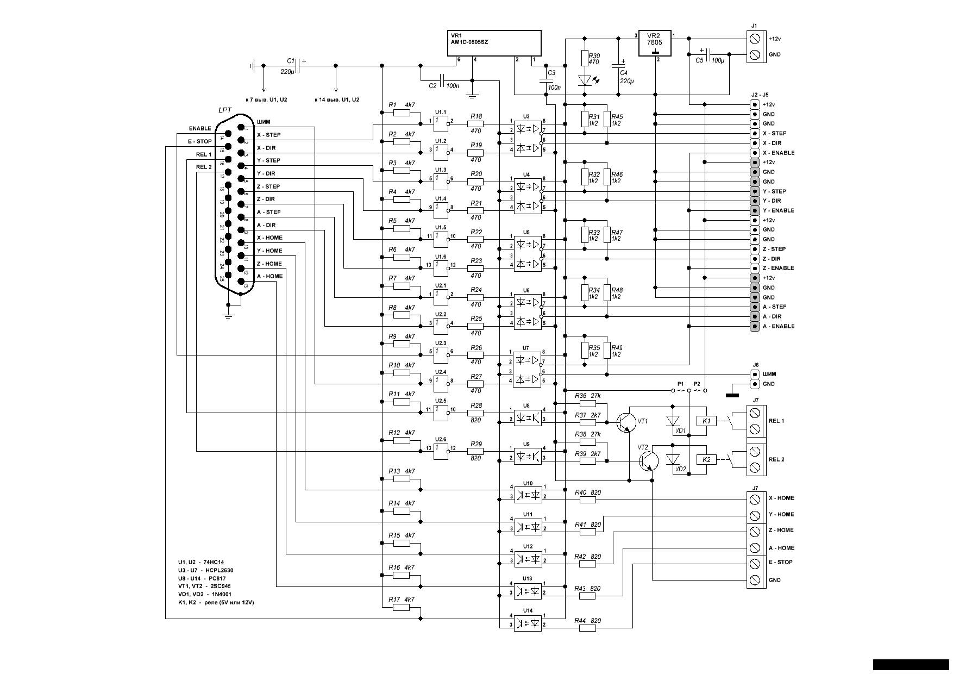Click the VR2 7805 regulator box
pos(655,42)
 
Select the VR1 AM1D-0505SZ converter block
pos(494,43)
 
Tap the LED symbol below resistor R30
pos(585,80)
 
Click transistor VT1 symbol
pos(626,422)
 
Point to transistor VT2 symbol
pos(649,460)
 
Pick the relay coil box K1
pos(706,421)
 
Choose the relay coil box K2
pos(706,459)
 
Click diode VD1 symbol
pos(673,421)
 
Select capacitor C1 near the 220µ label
pos(298,66)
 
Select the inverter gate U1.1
pos(441,124)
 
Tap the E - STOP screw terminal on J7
pos(755,564)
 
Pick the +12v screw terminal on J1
pos(755,39)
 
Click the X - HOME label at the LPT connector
pos(269,238)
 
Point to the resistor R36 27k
pos(587,403)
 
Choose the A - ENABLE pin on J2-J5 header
pos(755,327)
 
